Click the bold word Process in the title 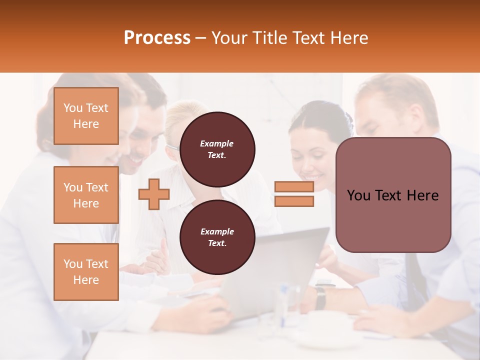tap(157, 38)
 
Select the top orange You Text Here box tap(86, 116)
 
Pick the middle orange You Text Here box tap(86, 195)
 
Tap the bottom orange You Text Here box tap(86, 272)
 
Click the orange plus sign tap(153, 194)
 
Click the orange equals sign tap(294, 194)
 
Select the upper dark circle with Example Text tap(217, 149)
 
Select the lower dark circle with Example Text tap(217, 237)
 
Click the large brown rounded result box tap(393, 195)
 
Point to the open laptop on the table tap(280, 270)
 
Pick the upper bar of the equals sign tap(294, 187)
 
